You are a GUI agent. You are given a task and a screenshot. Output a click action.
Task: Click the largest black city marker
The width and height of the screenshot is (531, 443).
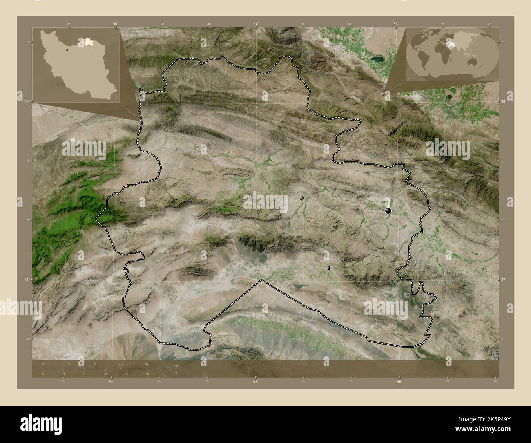tap(388, 211)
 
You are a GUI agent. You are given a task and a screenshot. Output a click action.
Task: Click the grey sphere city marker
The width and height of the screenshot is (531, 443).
tap(302, 198)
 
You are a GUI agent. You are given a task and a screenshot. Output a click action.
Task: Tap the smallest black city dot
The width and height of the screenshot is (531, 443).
tap(329, 268)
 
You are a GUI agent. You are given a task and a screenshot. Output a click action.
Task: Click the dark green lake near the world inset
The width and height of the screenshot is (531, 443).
tap(377, 60)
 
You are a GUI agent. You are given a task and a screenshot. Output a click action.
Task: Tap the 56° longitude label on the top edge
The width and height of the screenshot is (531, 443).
tap(116, 24)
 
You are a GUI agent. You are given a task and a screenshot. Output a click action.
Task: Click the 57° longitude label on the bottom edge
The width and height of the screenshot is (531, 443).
tap(255, 382)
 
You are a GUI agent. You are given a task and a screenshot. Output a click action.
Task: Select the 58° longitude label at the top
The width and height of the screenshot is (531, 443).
tap(396, 24)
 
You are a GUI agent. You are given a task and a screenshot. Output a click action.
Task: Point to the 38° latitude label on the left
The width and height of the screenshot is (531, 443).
tap(26, 101)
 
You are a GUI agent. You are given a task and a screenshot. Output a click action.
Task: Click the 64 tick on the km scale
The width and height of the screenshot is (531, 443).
tap(146, 364)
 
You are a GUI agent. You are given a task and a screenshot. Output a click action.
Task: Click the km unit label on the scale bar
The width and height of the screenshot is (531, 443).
tap(176, 365)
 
